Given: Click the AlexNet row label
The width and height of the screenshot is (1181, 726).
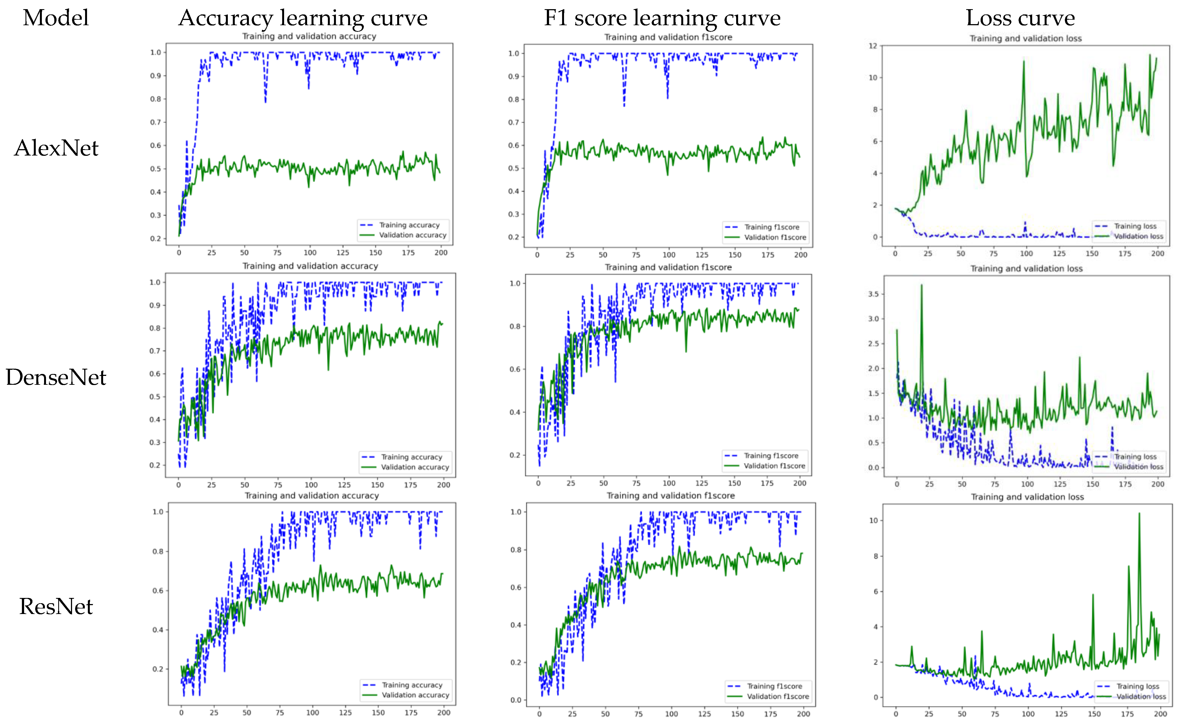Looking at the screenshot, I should click(x=56, y=148).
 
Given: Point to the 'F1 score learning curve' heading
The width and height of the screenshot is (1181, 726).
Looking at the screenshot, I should click(x=662, y=18).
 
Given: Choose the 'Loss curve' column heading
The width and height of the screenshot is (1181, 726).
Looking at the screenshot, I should click(x=1020, y=18).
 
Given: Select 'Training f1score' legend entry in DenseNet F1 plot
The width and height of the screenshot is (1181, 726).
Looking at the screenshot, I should click(x=771, y=456).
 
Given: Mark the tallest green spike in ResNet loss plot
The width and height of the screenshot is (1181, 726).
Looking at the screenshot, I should click(x=1139, y=514).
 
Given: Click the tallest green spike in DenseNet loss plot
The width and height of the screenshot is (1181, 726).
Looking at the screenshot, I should click(x=921, y=286).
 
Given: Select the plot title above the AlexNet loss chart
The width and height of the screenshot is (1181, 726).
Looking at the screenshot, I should click(x=1026, y=39).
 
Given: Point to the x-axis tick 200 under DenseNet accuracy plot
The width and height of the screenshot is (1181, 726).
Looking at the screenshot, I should click(x=443, y=485).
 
